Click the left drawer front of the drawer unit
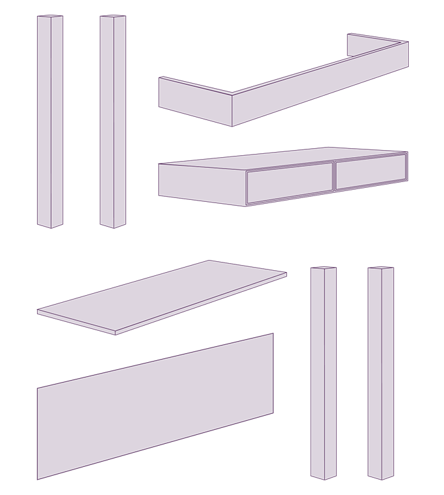tap(289, 183)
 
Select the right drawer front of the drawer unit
tap(371, 171)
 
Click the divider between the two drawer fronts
tap(333, 177)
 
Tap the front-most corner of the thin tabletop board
tap(115, 333)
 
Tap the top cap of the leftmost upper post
tap(50, 16)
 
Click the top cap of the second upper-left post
tap(113, 16)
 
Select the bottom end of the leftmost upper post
tap(50, 225)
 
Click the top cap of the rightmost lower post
tap(381, 268)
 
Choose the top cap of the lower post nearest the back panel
tap(323, 268)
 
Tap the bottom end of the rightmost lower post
tap(381, 477)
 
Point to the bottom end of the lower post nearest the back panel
tap(324, 477)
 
